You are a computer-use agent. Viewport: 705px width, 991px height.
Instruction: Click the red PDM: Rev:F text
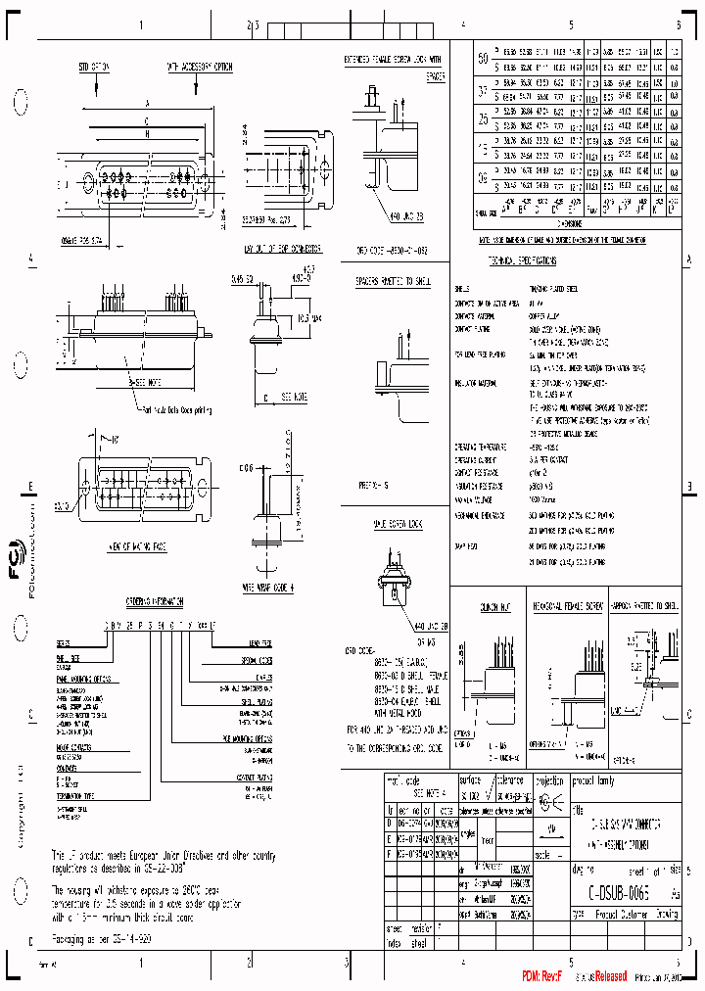541,976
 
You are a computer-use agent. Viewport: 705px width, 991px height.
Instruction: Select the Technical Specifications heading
522,262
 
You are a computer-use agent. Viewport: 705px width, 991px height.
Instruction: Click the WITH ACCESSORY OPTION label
199,68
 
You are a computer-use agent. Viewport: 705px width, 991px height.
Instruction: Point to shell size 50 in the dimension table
482,58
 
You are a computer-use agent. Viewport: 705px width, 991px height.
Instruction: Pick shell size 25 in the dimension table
482,119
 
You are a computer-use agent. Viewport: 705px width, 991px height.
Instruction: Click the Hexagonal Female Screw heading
565,607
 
